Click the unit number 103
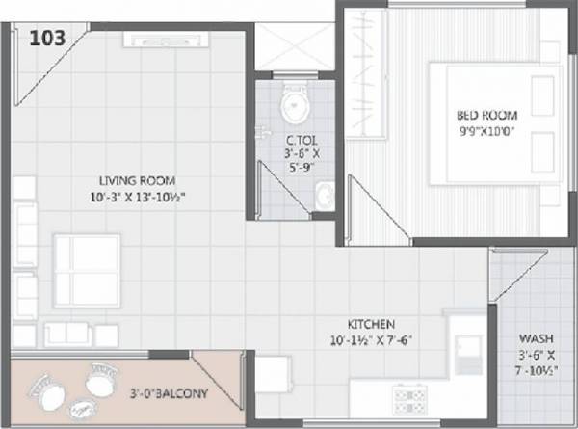47,39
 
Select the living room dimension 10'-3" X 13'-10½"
143,197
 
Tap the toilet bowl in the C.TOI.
294,101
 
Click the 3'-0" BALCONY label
170,393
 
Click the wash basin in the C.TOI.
324,196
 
